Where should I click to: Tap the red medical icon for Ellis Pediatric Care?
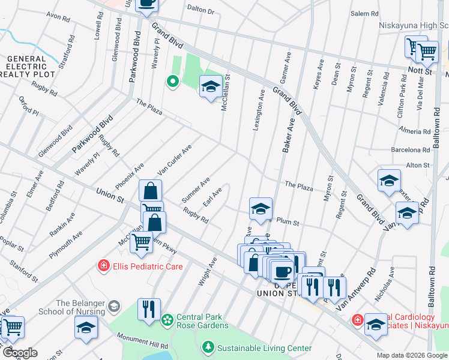click(x=104, y=265)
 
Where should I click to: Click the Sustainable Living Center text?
click(x=264, y=348)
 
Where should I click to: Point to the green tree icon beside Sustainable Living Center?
click(x=208, y=347)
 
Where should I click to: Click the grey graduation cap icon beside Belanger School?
click(x=113, y=308)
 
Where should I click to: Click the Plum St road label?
click(x=288, y=222)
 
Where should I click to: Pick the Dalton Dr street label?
click(x=200, y=10)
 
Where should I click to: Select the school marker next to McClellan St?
click(x=211, y=87)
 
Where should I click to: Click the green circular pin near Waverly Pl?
click(x=173, y=82)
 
